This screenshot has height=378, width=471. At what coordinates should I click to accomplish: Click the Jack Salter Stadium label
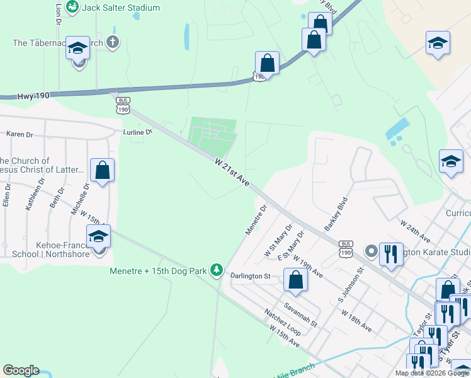[122, 8]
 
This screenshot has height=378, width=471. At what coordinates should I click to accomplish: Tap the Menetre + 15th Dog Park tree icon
[217, 270]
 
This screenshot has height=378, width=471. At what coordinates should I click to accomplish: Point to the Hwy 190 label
[33, 94]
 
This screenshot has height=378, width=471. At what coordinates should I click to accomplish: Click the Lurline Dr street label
[138, 132]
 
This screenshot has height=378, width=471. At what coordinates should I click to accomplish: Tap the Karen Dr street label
[19, 134]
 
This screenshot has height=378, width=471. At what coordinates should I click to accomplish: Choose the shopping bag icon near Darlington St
[295, 279]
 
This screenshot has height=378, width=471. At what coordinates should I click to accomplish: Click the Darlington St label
[249, 276]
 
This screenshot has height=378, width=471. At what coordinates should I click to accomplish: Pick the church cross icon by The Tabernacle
[112, 43]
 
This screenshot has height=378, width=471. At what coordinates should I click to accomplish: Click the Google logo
[21, 370]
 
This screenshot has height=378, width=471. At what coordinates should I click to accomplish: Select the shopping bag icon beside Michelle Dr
[102, 170]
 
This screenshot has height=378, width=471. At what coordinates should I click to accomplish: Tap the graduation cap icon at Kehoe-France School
[98, 237]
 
